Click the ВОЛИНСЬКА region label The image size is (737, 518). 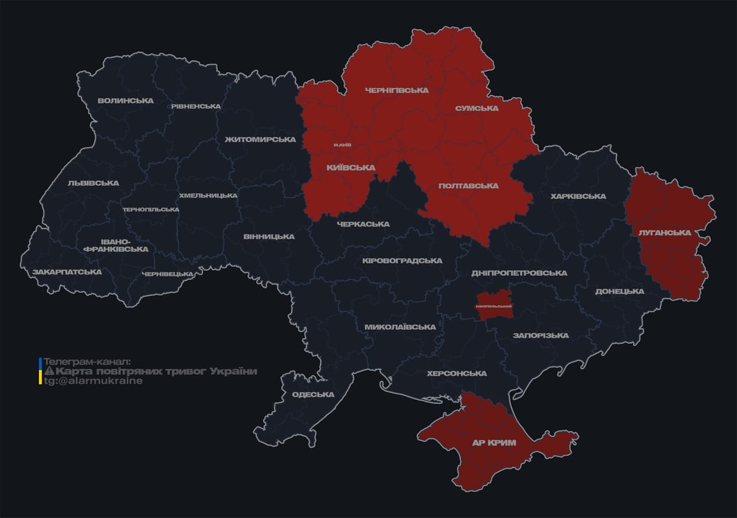[125, 101]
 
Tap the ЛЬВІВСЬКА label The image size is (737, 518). [93, 183]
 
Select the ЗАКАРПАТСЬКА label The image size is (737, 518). [67, 272]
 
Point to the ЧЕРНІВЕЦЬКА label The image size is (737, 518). [168, 274]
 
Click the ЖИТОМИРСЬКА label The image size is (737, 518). [260, 140]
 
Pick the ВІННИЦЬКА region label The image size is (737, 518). [269, 237]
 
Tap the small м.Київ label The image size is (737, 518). [342, 145]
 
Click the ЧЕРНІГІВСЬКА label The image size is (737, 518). [396, 90]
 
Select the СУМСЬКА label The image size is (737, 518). [476, 108]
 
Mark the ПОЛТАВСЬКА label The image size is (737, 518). [468, 185]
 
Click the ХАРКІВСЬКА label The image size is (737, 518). [578, 196]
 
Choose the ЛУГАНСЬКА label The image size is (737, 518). [666, 233]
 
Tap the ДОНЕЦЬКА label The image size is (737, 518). [619, 291]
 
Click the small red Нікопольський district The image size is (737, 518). [494, 304]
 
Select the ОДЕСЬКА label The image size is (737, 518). [313, 395]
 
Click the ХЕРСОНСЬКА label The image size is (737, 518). [457, 373]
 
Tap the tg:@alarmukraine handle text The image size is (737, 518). [93, 380]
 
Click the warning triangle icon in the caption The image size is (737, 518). [49, 372]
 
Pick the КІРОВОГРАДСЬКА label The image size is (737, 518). [402, 260]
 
